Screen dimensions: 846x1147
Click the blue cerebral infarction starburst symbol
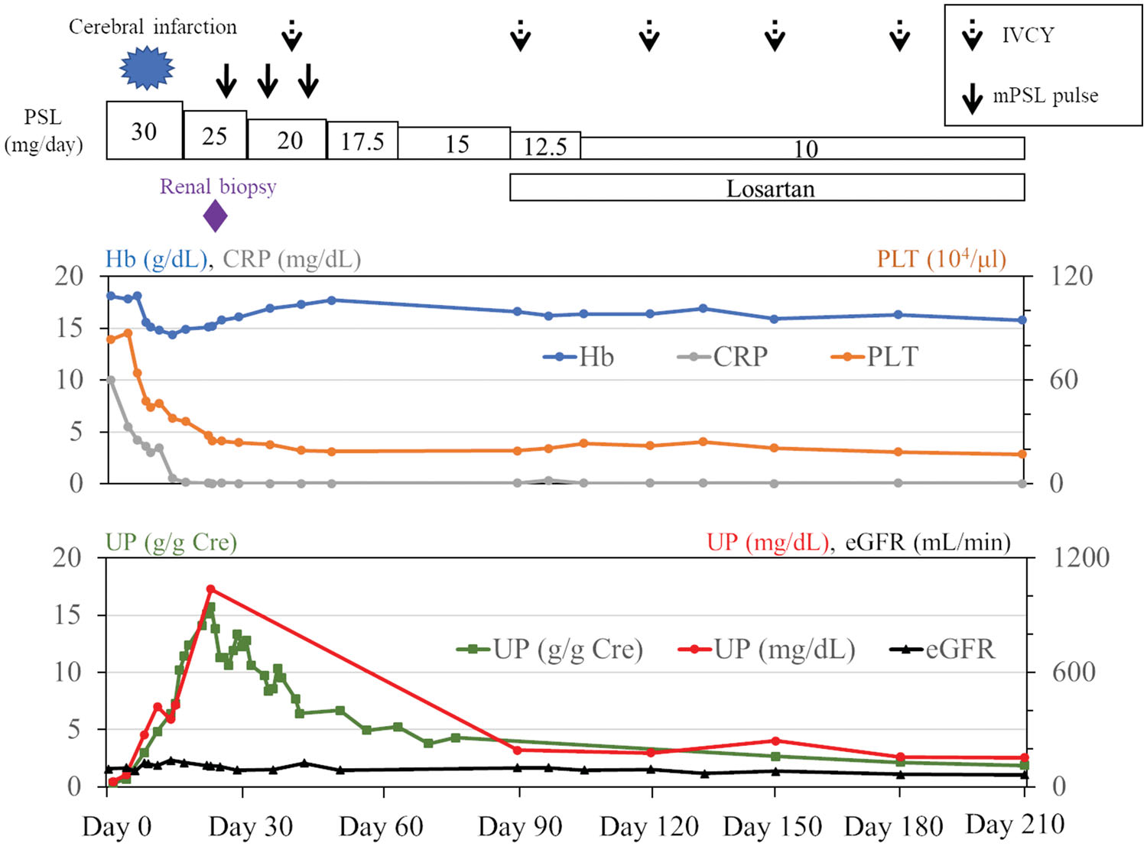[x=147, y=67]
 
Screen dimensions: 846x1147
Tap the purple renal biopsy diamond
[x=216, y=216]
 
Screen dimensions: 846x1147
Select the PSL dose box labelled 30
[x=145, y=131]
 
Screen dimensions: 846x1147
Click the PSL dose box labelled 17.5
[x=362, y=141]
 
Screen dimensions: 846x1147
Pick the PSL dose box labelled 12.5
[x=545, y=146]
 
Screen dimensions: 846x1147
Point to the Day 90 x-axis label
[x=520, y=826]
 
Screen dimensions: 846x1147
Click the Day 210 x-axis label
[x=1015, y=825]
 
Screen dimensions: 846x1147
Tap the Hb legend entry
[x=579, y=357]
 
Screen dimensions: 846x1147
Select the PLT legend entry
[x=875, y=357]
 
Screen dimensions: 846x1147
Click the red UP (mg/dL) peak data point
[x=211, y=589]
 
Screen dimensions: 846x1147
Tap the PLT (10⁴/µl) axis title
[x=941, y=259]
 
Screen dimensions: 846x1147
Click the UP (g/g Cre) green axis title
[x=171, y=542]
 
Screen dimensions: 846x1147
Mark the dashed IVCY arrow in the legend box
[x=973, y=35]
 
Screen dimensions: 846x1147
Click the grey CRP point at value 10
[x=111, y=380]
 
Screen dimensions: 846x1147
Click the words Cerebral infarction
[x=153, y=28]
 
